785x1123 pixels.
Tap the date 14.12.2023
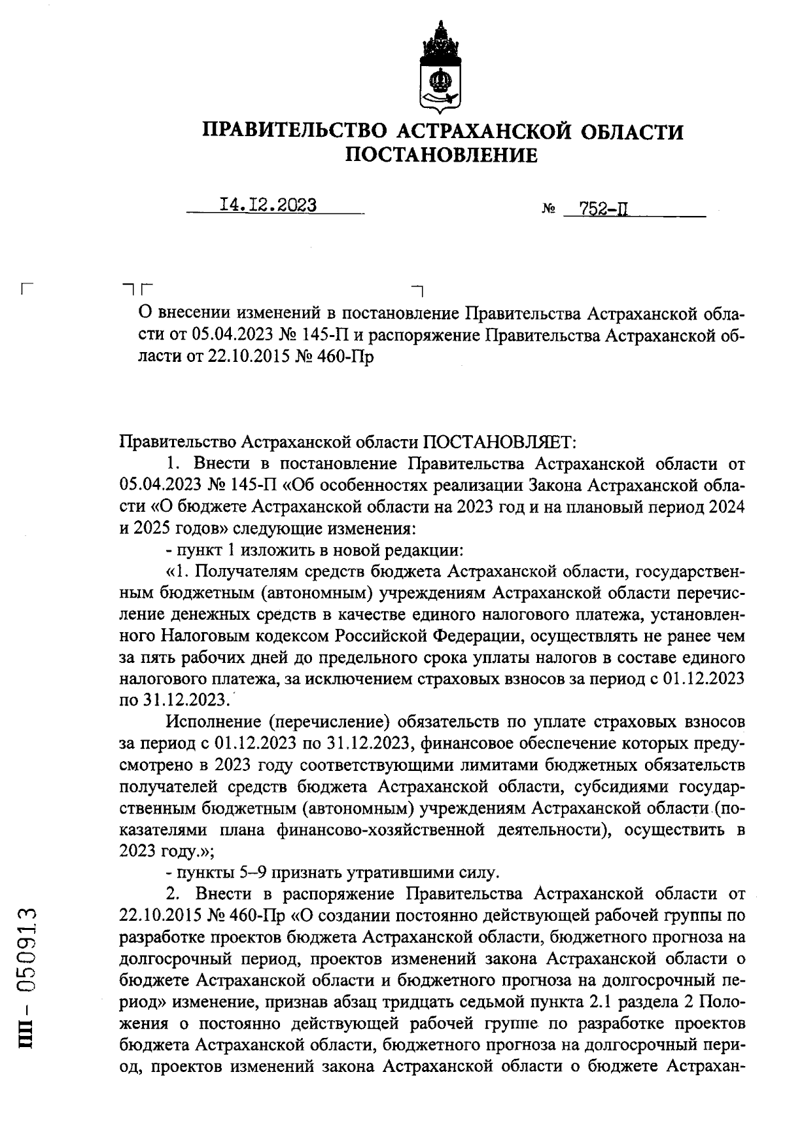(x=268, y=205)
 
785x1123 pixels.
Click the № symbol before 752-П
(x=548, y=211)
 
